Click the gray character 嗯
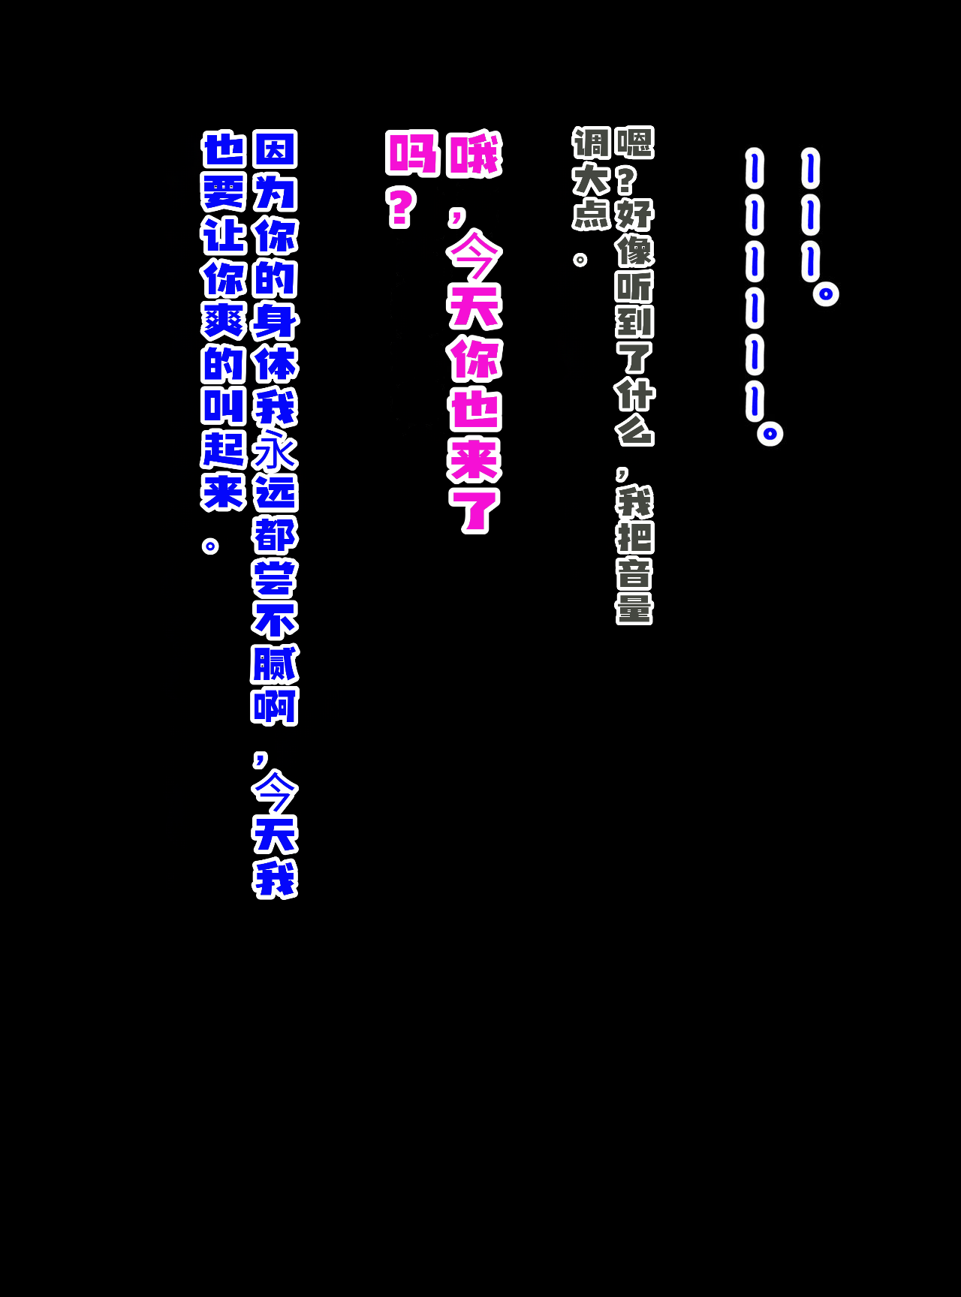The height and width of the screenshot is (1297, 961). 634,143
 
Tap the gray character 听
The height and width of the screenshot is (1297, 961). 634,286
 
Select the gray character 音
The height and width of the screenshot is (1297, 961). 634,573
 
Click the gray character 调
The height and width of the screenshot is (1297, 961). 592,143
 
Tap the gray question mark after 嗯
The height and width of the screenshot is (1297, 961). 625,179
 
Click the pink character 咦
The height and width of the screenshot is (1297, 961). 474,155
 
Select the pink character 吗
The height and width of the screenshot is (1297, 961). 412,153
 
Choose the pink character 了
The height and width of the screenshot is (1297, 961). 474,510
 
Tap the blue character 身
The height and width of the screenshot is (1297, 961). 276,321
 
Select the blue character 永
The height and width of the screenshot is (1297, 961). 276,450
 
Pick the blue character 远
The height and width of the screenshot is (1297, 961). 276,493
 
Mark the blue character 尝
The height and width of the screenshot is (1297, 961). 276,578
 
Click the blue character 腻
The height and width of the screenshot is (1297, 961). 276,664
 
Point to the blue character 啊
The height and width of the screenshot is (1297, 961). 276,706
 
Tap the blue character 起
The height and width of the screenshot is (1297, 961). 224,450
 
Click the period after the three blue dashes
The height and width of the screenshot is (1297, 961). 826,293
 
